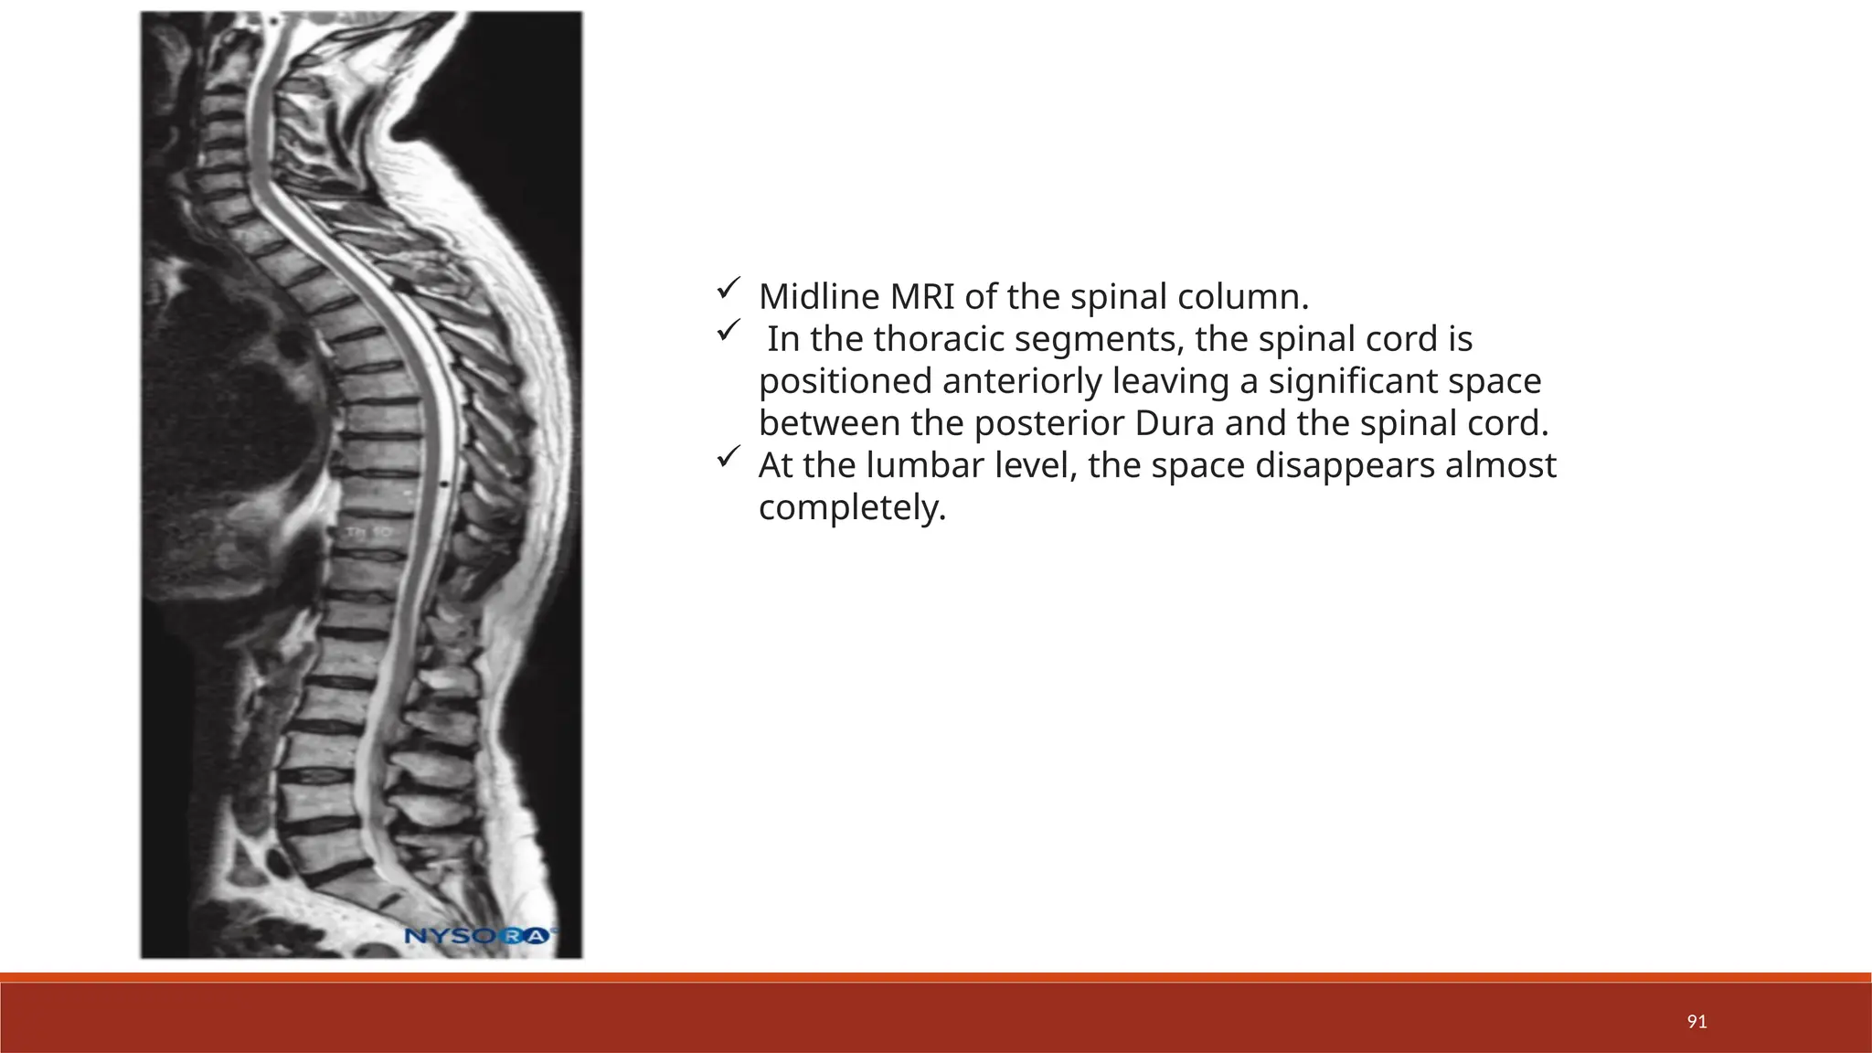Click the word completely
851,508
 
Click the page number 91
1696,1022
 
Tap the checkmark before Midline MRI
728,290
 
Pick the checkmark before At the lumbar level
728,458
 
